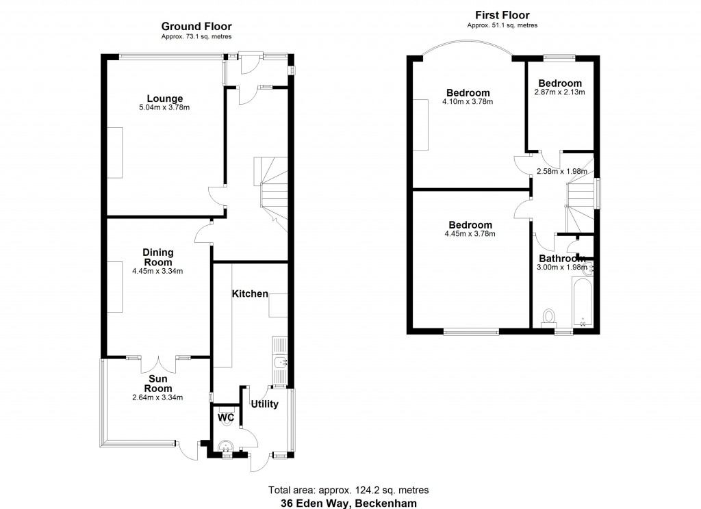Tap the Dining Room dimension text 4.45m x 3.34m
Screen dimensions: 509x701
[x=157, y=271]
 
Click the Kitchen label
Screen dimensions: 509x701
[x=250, y=293]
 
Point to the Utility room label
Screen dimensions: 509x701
[x=264, y=404]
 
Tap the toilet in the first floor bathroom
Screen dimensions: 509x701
[x=548, y=317]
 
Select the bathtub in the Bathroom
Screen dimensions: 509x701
[x=581, y=301]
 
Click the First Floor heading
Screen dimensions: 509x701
[x=502, y=15]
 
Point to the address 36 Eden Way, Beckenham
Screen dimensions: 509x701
[x=349, y=502]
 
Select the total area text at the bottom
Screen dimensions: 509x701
[x=349, y=490]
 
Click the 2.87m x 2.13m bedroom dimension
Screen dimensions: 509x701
[x=560, y=92]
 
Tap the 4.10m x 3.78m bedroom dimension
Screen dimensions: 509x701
[x=468, y=102]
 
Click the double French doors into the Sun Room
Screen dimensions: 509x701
[x=158, y=358]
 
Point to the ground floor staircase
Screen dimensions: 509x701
[x=270, y=188]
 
